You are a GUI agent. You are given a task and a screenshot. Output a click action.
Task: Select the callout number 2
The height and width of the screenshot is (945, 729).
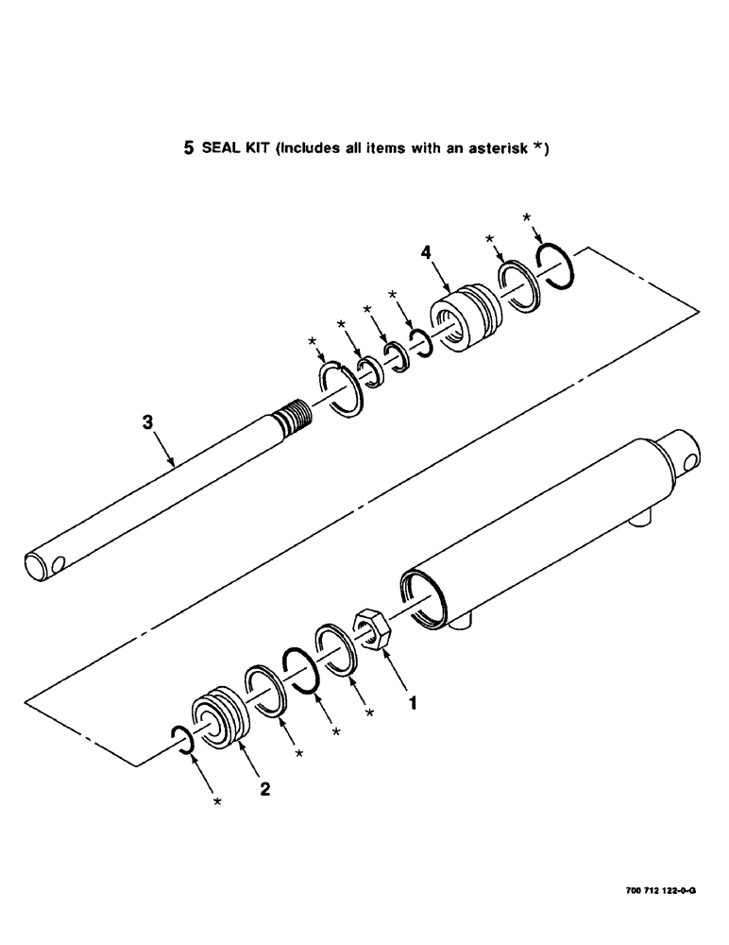[264, 789]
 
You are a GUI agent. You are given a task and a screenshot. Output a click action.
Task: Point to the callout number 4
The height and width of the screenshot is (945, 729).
[426, 254]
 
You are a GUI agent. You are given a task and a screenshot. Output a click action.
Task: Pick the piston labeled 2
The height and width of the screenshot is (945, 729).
[217, 716]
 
